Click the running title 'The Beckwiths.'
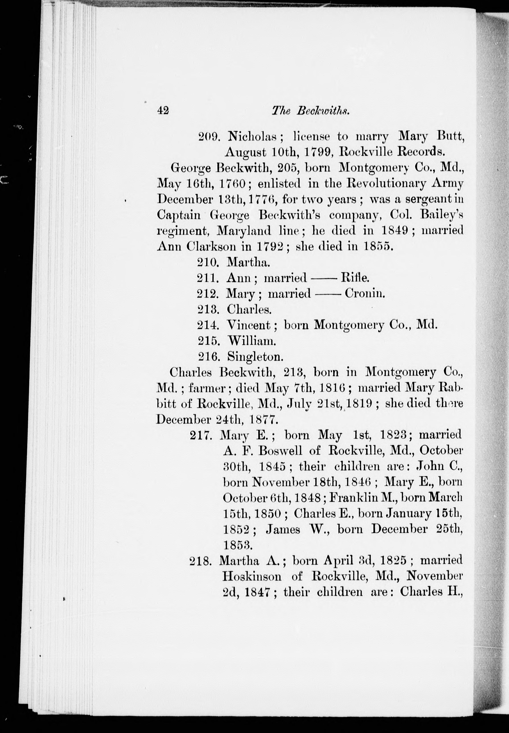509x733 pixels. [311, 110]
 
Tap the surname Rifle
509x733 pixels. [355, 278]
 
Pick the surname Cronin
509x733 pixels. [365, 293]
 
